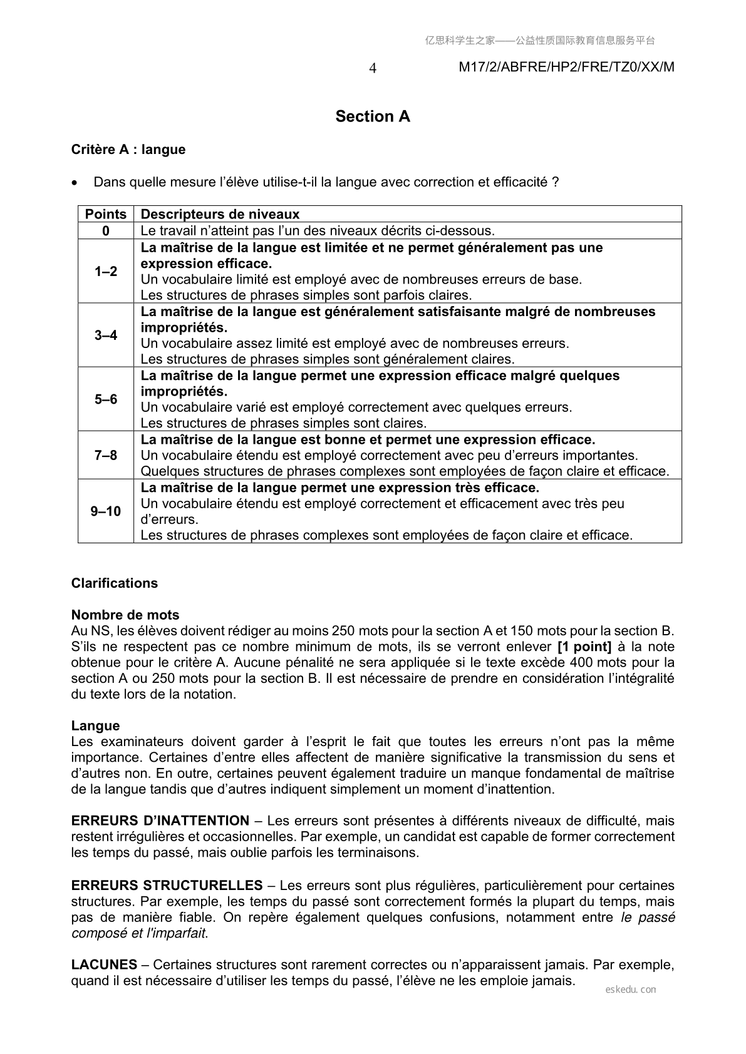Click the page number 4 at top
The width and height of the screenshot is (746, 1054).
[x=373, y=68]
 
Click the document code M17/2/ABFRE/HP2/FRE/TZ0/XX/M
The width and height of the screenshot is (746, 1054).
[x=566, y=68]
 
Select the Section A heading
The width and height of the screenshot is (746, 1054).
[x=373, y=116]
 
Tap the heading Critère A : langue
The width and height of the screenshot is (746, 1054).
[x=128, y=150]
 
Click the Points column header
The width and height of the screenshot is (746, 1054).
[x=106, y=214]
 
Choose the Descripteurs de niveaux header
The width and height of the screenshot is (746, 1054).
[x=220, y=214]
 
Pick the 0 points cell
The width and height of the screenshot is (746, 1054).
[x=106, y=231]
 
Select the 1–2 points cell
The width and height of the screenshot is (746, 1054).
[x=106, y=272]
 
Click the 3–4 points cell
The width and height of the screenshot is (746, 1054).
[x=106, y=335]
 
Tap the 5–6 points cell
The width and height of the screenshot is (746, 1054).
[x=106, y=399]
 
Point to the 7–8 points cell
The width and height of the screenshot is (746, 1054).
[x=106, y=456]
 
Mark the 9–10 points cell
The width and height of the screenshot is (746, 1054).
[x=106, y=511]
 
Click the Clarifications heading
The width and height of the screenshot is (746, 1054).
[x=115, y=583]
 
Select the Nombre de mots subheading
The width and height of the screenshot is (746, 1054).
[x=125, y=615]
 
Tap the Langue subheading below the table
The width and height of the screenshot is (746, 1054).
[x=95, y=726]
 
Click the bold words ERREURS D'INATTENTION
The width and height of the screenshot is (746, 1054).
[x=160, y=821]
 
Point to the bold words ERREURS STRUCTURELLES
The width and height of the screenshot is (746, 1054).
[x=167, y=886]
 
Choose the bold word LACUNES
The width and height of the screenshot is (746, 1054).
[x=104, y=964]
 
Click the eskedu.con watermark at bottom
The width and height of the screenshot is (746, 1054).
[x=631, y=990]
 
